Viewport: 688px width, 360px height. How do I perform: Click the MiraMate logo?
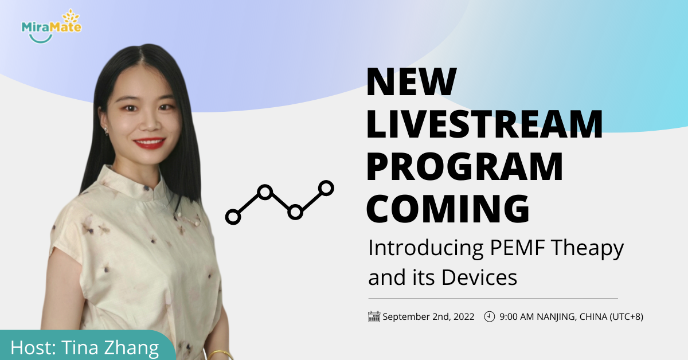[x=51, y=26]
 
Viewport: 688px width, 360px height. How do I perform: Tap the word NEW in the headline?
[x=412, y=82]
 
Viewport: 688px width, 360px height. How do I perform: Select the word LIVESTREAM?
[x=484, y=124]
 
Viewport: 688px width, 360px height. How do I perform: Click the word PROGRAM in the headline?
[x=465, y=167]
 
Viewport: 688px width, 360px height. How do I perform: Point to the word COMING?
[x=448, y=209]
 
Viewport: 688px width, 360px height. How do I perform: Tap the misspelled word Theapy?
[x=587, y=249]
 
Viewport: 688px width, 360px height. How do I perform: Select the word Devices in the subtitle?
[x=479, y=277]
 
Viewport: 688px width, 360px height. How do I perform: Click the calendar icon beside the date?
[x=374, y=316]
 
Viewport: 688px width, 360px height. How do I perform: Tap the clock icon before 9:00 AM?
[x=489, y=316]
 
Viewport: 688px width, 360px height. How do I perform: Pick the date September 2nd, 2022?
[x=428, y=316]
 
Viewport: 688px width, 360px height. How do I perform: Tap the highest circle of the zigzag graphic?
[x=326, y=188]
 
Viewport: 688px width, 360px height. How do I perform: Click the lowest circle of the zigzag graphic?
[x=233, y=217]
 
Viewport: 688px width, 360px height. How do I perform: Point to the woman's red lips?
[x=149, y=143]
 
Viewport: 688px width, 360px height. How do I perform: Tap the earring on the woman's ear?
[x=106, y=131]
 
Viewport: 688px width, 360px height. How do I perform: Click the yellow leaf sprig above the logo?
[x=71, y=16]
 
